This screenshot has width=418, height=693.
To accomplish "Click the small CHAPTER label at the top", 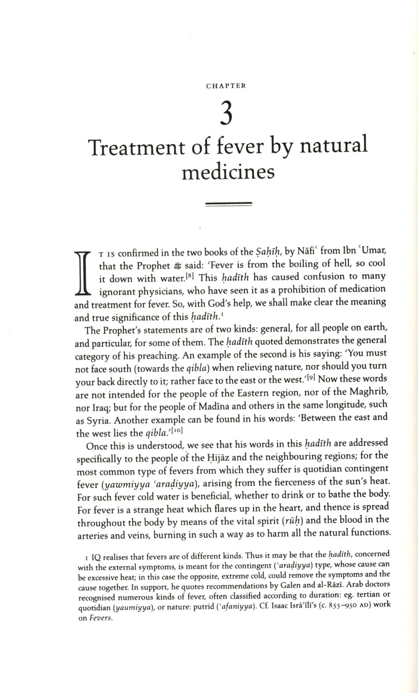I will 226,86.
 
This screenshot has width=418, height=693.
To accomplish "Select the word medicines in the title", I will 228,172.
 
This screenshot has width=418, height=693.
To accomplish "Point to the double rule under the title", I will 228,203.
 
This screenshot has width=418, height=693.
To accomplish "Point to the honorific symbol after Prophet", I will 177,266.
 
